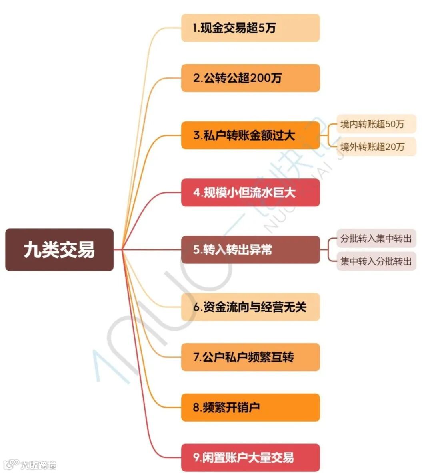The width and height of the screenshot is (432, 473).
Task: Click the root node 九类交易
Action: click(59, 249)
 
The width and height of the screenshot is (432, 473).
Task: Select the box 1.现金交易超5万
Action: click(250, 28)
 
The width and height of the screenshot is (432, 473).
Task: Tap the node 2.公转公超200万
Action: click(250, 78)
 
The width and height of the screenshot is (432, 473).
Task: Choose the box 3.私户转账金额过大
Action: click(250, 135)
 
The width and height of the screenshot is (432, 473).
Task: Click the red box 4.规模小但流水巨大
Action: click(250, 192)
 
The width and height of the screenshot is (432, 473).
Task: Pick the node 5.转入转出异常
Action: click(250, 249)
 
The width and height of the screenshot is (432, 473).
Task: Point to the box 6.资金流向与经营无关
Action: click(250, 307)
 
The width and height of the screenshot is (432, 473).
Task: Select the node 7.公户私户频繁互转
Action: click(250, 357)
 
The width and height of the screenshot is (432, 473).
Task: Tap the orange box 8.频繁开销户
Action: click(250, 407)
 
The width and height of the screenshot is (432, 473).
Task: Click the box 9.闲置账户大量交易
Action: click(250, 457)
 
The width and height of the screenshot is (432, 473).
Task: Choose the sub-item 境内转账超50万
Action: click(376, 124)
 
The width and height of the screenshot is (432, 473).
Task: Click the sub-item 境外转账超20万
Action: click(376, 147)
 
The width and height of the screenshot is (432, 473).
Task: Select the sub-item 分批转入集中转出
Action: click(376, 239)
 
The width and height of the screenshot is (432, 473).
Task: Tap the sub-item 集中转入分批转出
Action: click(376, 261)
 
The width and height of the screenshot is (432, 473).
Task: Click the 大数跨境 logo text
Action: click(38, 465)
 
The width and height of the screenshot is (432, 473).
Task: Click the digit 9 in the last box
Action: click(196, 457)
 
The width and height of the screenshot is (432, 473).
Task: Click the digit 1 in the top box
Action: click(195, 28)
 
